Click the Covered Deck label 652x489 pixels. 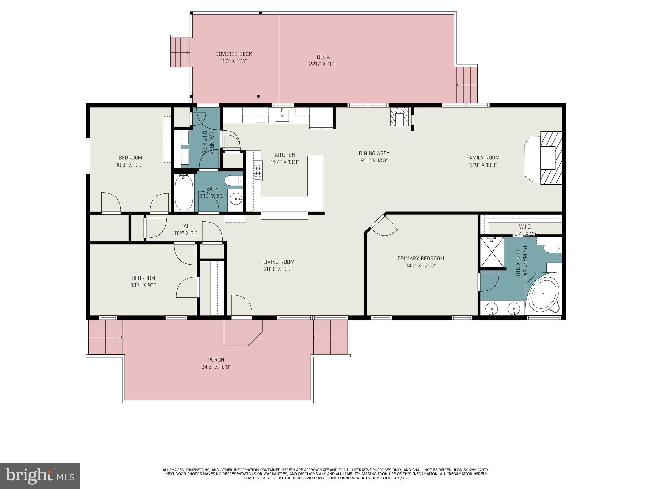click(234, 54)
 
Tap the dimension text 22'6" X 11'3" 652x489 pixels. click(323, 64)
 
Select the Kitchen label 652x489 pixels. click(285, 155)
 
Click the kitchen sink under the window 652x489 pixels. click(282, 115)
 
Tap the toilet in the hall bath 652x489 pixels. click(234, 181)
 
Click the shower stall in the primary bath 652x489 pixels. click(492, 252)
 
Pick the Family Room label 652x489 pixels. click(483, 158)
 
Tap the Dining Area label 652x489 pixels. click(374, 153)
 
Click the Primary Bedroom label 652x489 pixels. click(421, 259)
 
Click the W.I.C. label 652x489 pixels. click(525, 227)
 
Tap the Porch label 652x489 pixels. click(216, 360)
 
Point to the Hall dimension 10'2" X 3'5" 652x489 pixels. click(186, 233)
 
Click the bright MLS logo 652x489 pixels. click(40, 476)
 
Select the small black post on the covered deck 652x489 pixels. click(259, 96)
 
